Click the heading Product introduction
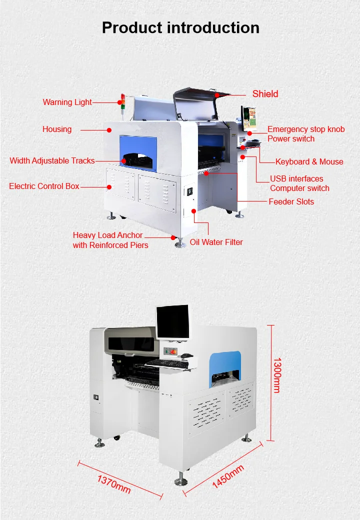coord(180,27)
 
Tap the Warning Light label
coord(67,102)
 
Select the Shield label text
coord(265,93)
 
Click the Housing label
coord(57,129)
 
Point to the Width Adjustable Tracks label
coord(52,160)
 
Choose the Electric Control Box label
coord(44,186)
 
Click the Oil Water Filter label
coord(216,242)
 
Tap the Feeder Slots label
coord(291,201)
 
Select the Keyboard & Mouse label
coord(309,161)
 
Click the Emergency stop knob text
coord(306,129)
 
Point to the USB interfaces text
coord(296,178)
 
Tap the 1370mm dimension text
coord(114,484)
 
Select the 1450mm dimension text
coord(228,476)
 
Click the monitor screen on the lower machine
coord(172,321)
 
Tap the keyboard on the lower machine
coord(167,362)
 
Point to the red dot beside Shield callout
coord(217,94)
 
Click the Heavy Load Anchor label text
coord(107,235)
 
